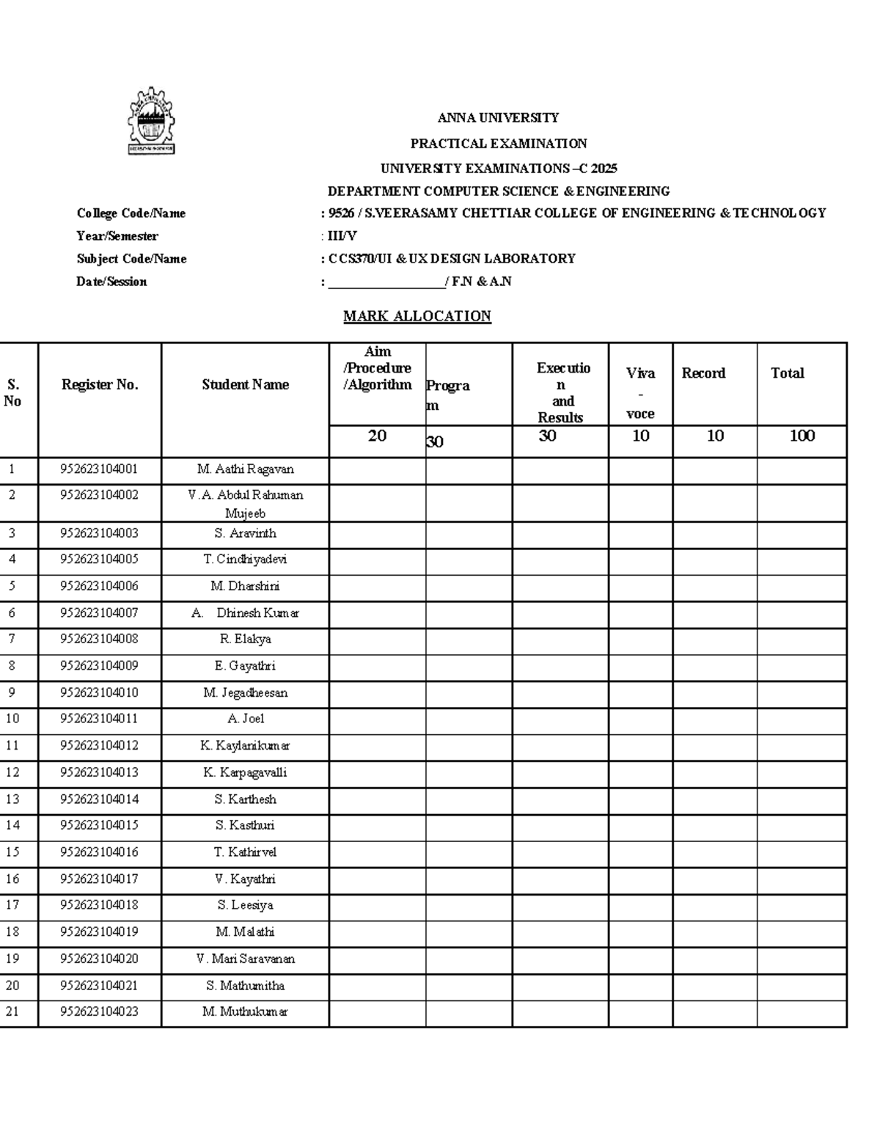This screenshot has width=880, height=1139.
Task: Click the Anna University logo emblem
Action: (152, 121)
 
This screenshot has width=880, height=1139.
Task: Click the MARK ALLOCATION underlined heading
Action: (417, 316)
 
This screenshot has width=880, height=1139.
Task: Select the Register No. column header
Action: (100, 384)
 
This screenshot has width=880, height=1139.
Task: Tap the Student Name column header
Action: (245, 384)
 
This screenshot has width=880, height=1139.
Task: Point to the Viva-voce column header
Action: (640, 392)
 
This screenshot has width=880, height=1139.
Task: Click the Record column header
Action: (703, 373)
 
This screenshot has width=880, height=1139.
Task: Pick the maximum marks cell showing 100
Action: (802, 436)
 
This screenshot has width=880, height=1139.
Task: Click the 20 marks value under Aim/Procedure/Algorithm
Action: (377, 436)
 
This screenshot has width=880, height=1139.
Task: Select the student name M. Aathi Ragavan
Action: (245, 469)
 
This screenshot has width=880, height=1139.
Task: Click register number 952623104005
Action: (99, 560)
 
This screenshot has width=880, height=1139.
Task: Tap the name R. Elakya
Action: (245, 640)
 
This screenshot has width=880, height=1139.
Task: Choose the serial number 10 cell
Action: (12, 719)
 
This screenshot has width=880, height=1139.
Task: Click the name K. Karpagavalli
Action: (245, 773)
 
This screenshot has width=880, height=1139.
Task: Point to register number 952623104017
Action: (99, 879)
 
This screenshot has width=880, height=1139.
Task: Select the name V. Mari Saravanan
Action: (245, 959)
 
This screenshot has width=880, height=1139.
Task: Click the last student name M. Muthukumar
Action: (245, 1012)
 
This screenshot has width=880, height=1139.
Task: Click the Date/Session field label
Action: (111, 282)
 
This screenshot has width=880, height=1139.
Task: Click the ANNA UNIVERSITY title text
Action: (498, 118)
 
